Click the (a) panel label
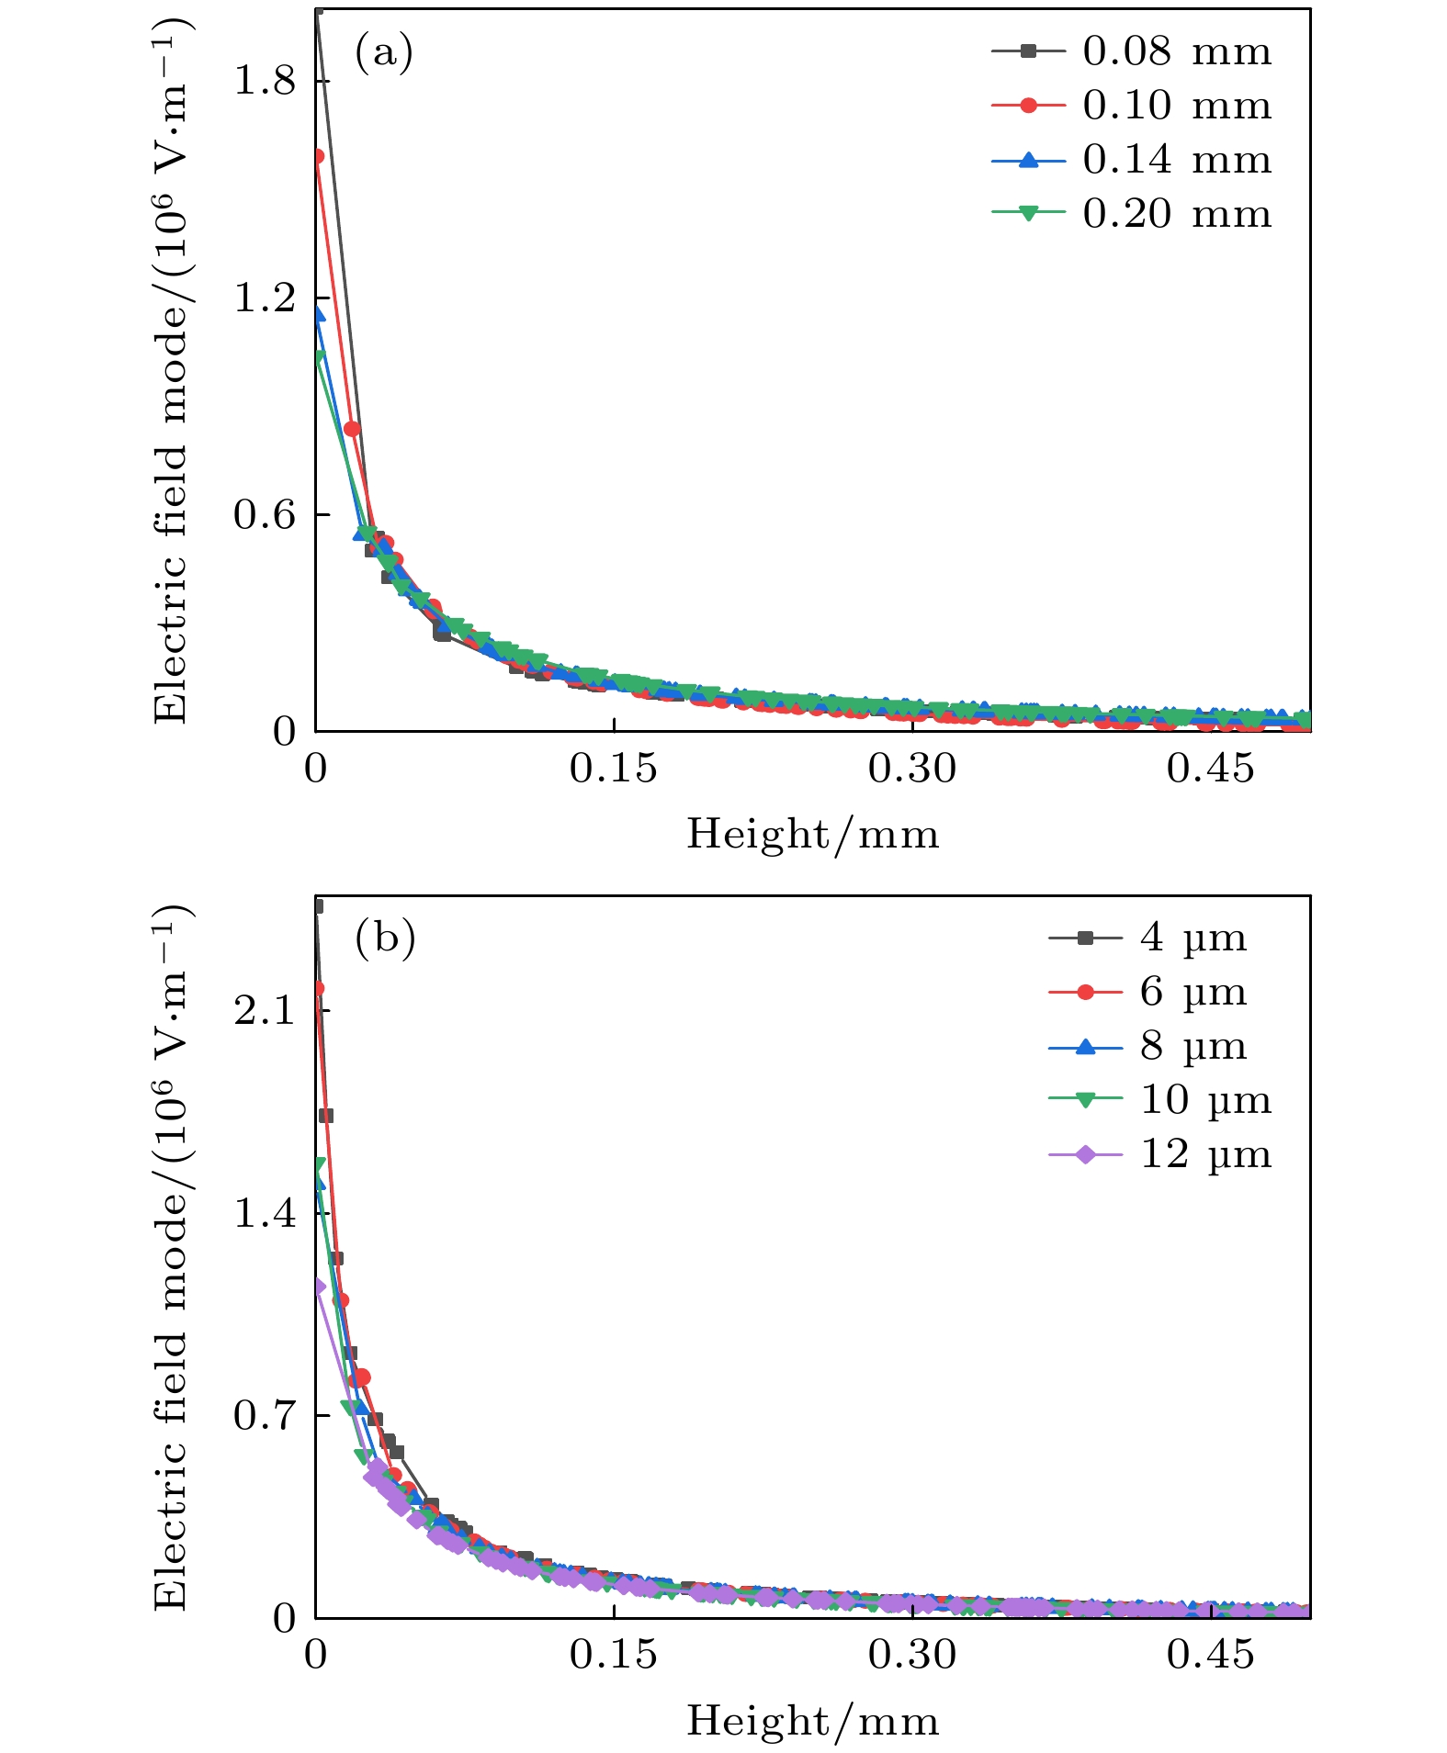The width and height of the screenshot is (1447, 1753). [x=384, y=52]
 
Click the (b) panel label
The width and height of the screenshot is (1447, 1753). [x=385, y=938]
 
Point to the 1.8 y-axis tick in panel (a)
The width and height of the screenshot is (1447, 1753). [x=265, y=81]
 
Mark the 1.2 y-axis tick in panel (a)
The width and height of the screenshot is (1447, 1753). [x=265, y=298]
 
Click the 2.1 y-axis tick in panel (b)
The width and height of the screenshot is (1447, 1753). [x=265, y=1011]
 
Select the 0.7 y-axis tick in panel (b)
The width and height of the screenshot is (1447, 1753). [x=265, y=1415]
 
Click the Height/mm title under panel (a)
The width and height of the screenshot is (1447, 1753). [x=813, y=835]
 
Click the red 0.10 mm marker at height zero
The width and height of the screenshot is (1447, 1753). [x=317, y=156]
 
